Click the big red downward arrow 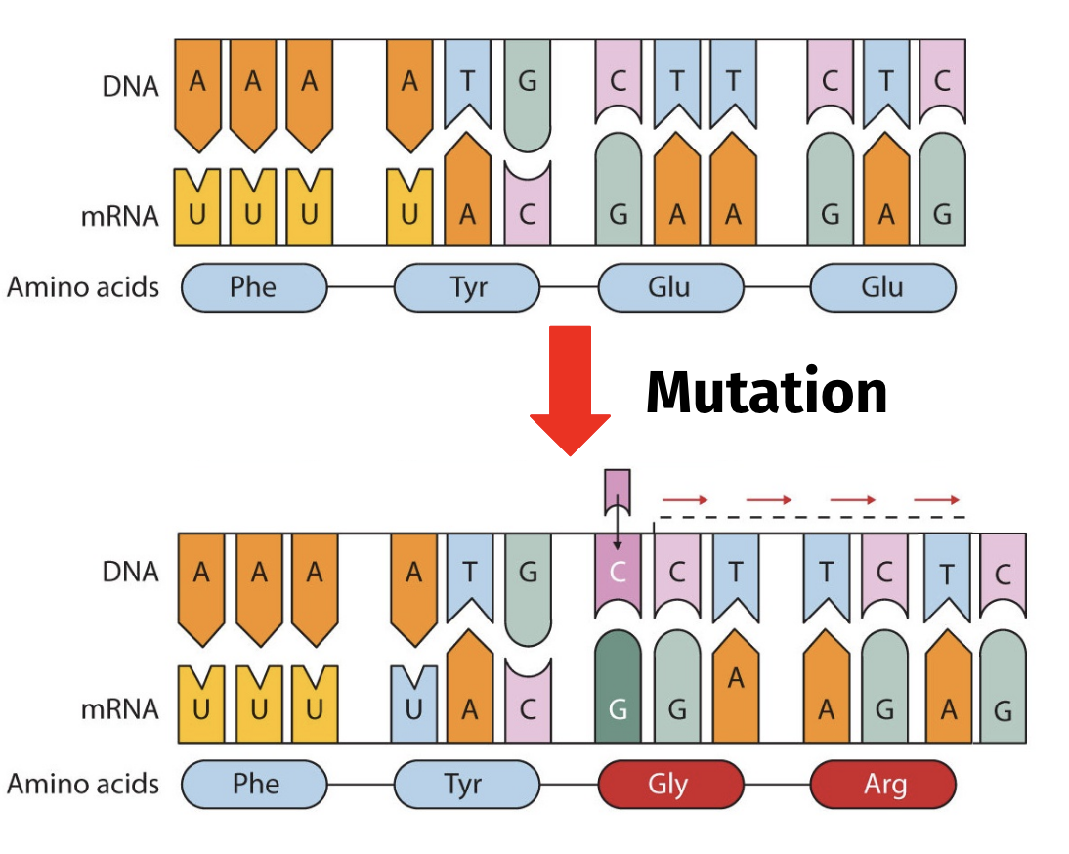(x=570, y=389)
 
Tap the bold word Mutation (x=766, y=393)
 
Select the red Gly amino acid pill (x=671, y=785)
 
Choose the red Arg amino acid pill (x=883, y=785)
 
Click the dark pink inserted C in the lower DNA (x=618, y=576)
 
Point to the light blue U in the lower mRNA (x=414, y=705)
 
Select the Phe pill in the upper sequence (x=254, y=287)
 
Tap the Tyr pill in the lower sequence (x=467, y=785)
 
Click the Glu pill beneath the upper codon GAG (x=883, y=287)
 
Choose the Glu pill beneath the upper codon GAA (x=671, y=287)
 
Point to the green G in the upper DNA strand (x=527, y=95)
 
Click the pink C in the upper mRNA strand (x=527, y=203)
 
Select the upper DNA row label (x=130, y=87)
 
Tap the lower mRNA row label (x=120, y=709)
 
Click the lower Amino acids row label (x=83, y=784)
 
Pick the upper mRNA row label (x=120, y=216)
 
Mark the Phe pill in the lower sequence (x=254, y=785)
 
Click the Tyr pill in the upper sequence (x=467, y=287)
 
